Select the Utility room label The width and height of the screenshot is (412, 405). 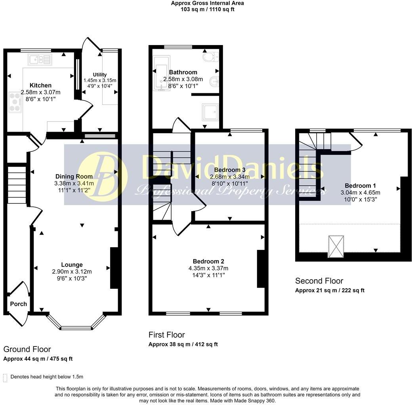click(100, 74)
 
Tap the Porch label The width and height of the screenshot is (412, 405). click(18, 304)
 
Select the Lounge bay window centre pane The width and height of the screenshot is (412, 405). click(76, 327)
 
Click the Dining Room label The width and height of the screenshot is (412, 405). click(74, 176)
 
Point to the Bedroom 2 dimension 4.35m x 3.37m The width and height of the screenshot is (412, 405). click(208, 269)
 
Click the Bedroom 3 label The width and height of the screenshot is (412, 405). click(230, 170)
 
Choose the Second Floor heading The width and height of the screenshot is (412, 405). click(319, 281)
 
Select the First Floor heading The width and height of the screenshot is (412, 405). click(166, 335)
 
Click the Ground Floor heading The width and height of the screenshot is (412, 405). click(27, 349)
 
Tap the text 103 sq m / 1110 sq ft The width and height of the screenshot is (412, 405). click(208, 9)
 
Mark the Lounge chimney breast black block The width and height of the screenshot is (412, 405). click(114, 268)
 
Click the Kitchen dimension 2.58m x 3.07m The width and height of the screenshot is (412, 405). click(41, 92)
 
